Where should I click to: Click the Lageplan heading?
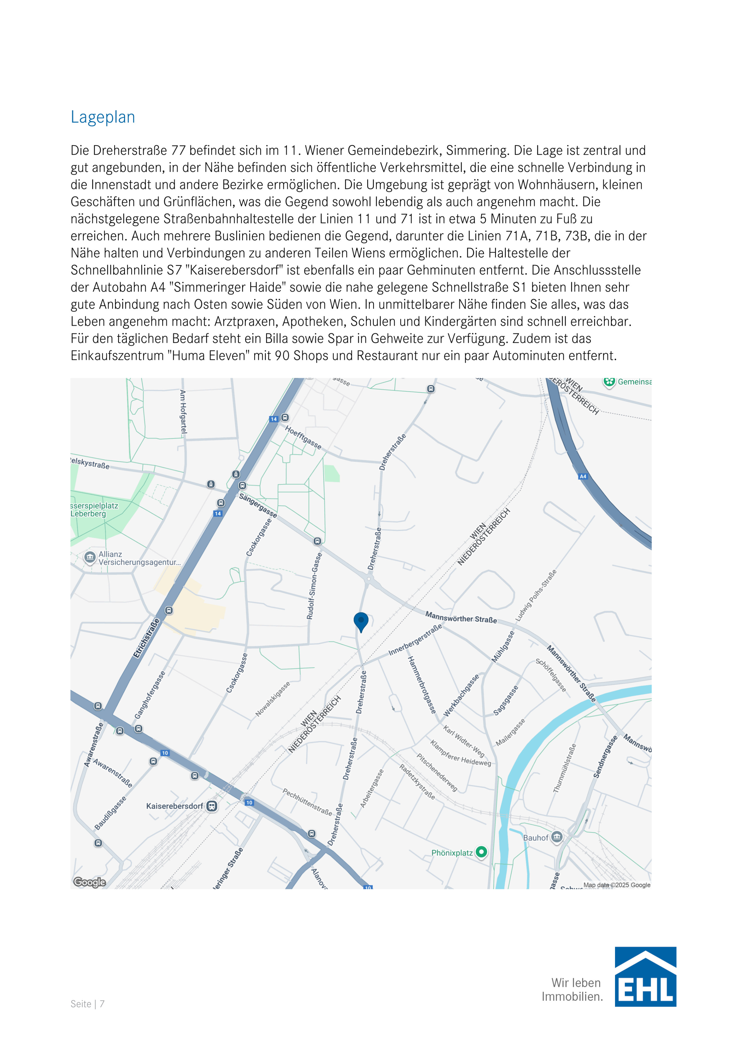103,117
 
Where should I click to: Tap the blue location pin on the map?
361,621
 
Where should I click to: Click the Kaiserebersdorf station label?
175,806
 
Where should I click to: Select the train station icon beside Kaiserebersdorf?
211,806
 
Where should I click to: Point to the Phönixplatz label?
452,853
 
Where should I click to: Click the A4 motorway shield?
583,477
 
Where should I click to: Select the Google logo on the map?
89,882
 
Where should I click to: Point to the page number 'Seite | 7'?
88,1004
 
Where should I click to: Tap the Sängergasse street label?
258,505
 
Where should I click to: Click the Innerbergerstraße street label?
415,640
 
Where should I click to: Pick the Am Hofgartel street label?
183,411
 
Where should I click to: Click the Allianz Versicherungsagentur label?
139,558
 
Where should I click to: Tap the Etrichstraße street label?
147,638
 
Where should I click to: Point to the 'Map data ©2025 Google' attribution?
617,885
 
